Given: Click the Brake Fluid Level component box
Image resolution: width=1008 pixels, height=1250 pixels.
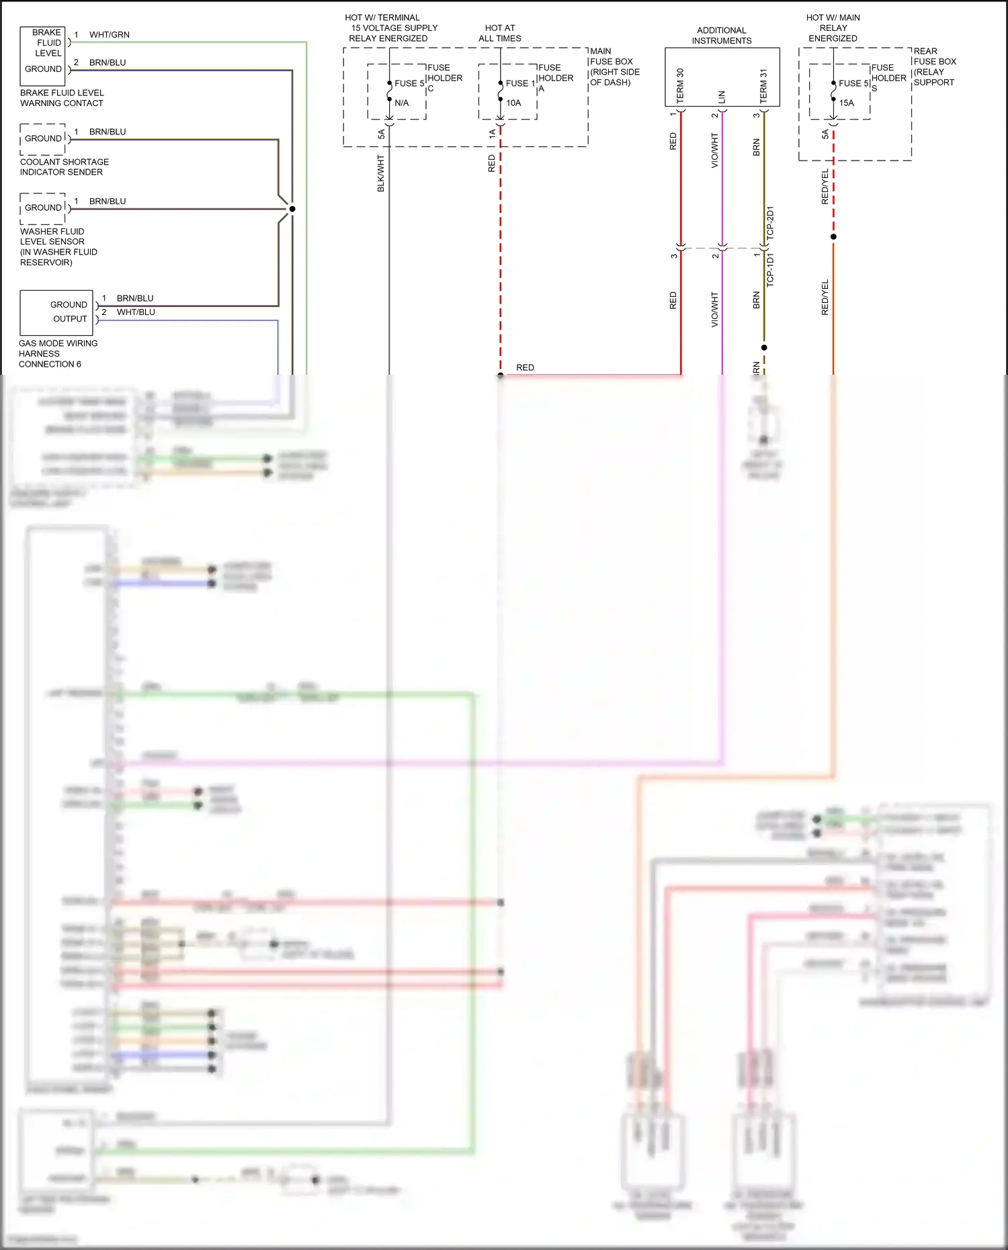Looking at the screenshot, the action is coord(43,56).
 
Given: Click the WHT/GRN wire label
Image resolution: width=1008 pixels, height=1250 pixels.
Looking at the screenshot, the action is coord(109,35).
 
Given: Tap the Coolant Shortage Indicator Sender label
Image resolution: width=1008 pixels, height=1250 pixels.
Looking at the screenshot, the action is coord(64,167).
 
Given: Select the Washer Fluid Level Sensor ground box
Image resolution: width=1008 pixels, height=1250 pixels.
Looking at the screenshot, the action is coord(43,208).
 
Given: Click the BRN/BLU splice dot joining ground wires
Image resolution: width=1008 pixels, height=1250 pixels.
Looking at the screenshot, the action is coord(292,209).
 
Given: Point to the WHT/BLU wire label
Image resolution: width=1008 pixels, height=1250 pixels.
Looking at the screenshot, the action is coord(136,312).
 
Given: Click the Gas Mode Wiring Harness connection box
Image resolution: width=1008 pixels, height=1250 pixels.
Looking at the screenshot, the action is coord(56,312).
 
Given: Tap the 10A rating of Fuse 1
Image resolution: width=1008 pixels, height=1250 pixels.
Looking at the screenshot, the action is coord(513,103).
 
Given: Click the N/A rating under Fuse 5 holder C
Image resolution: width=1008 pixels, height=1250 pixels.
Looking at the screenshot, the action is coord(402,103).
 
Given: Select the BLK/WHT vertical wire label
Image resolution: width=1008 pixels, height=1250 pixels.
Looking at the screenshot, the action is coord(381,173).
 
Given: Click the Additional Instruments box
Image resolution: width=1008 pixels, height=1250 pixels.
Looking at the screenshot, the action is coord(722,77).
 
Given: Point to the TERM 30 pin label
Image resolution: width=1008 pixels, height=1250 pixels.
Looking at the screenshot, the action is coord(680,85).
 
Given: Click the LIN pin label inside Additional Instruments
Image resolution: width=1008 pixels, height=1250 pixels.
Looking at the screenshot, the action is coord(722,97).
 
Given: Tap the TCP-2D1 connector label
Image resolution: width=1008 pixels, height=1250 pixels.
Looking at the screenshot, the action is coord(770,223).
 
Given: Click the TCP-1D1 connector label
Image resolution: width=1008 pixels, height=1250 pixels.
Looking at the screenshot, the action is coord(770,270).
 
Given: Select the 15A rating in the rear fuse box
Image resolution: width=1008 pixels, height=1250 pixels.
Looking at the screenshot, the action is coord(847,103).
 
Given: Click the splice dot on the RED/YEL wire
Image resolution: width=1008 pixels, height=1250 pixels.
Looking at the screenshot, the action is coord(833,237).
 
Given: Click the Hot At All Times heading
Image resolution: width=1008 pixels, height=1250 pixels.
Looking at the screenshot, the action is coord(500,34).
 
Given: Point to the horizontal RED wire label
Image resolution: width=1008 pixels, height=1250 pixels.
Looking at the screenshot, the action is coord(525,367).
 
